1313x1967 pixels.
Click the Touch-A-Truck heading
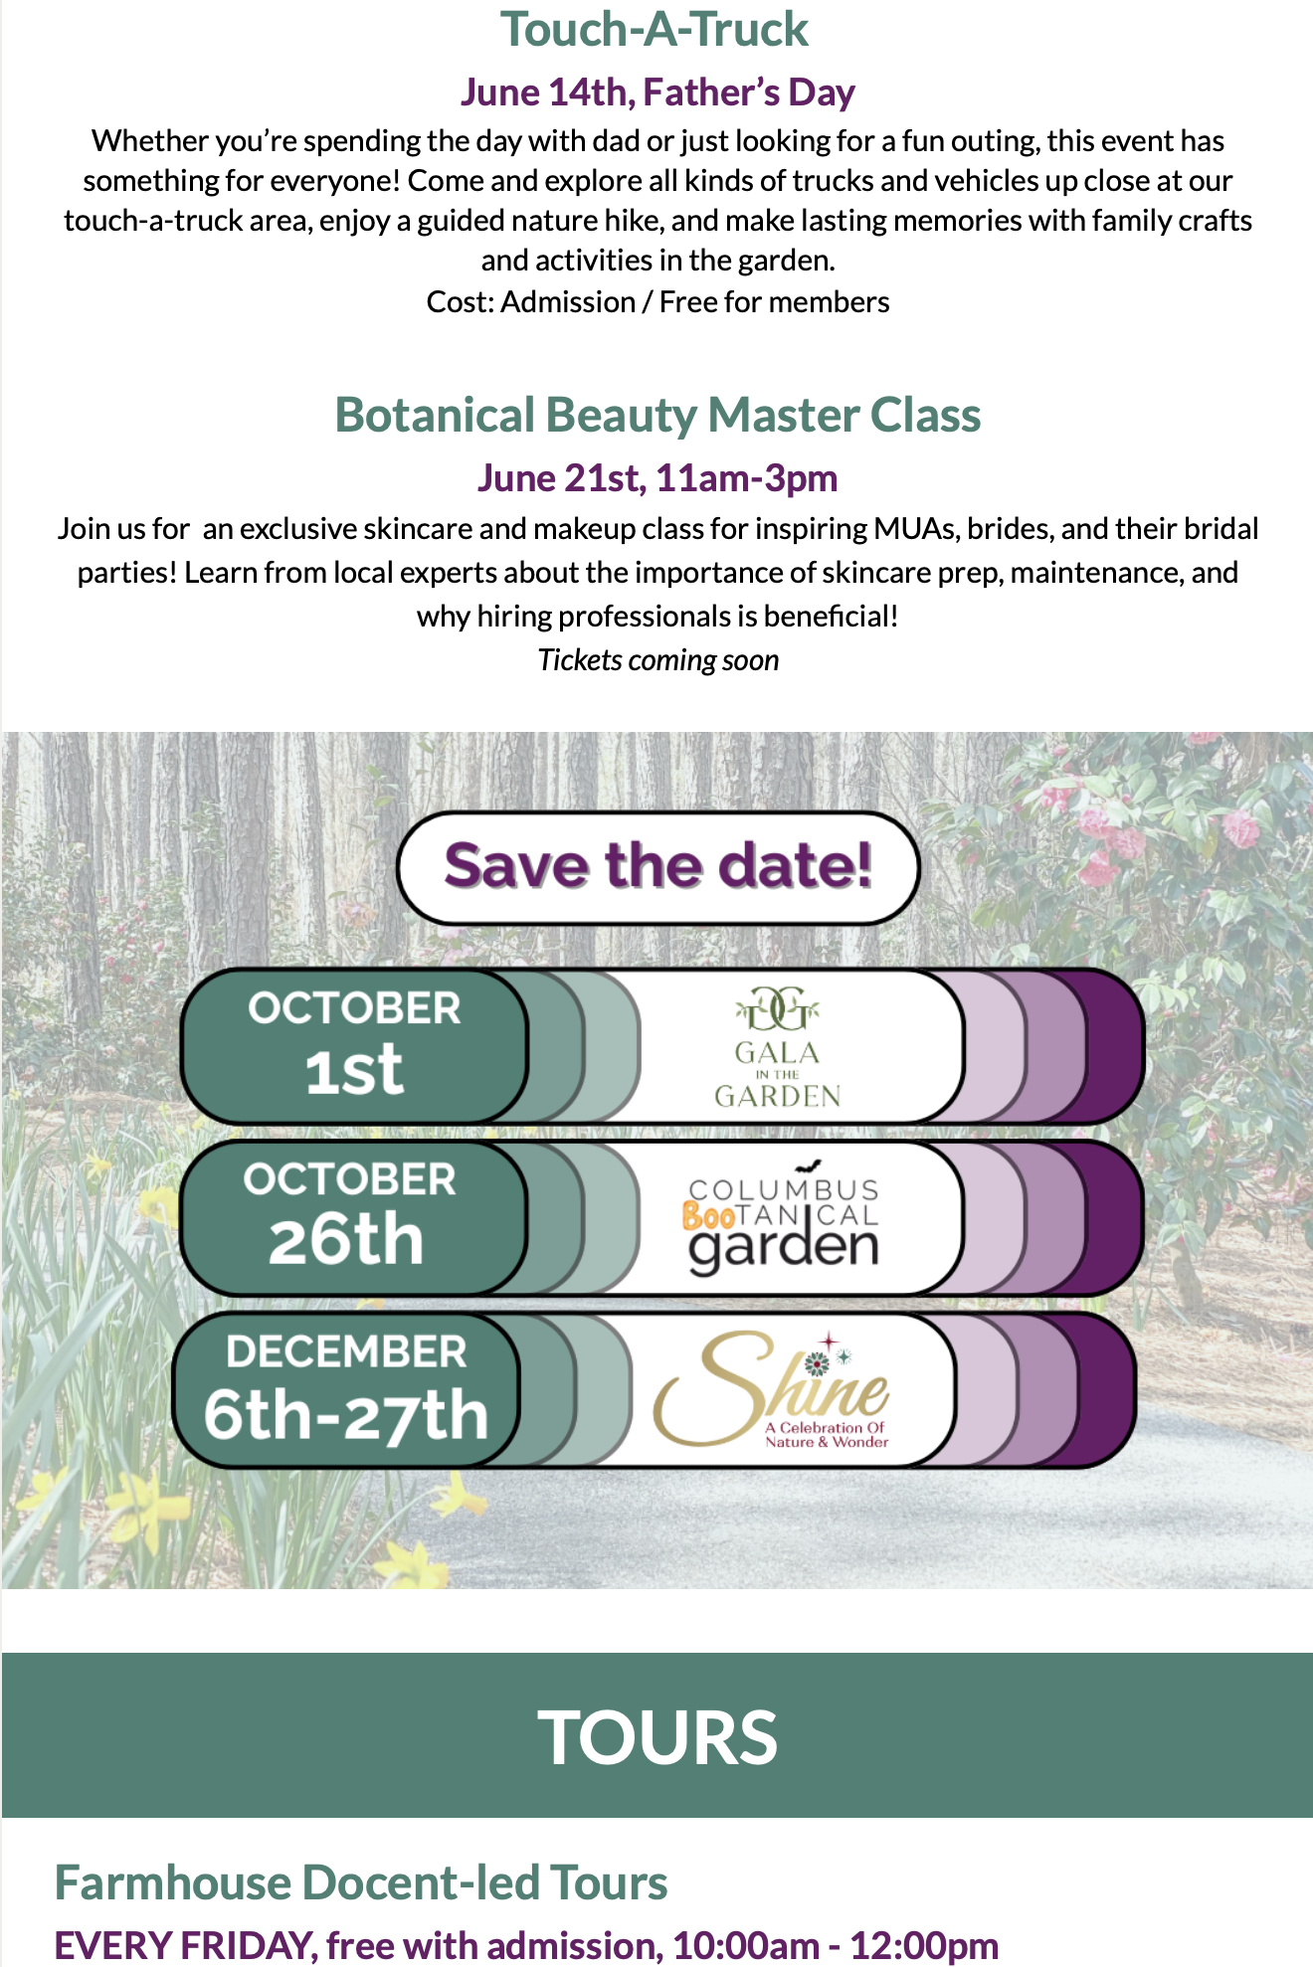pyautogui.click(x=655, y=29)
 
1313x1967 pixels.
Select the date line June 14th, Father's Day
pyautogui.click(x=657, y=92)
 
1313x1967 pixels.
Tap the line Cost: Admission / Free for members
pyautogui.click(x=657, y=301)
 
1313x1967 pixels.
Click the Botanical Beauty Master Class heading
pyautogui.click(x=657, y=415)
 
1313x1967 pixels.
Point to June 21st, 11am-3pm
pyautogui.click(x=657, y=478)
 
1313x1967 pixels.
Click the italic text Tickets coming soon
pyautogui.click(x=657, y=660)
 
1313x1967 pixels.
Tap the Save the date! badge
pyautogui.click(x=657, y=868)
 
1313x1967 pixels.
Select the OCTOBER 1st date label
pyautogui.click(x=354, y=1043)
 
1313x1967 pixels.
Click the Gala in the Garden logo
pyautogui.click(x=778, y=1047)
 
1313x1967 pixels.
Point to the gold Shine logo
pyautogui.click(x=772, y=1389)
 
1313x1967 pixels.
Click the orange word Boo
pyautogui.click(x=708, y=1216)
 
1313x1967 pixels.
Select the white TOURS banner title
pyautogui.click(x=657, y=1737)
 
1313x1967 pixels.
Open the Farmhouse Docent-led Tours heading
pyautogui.click(x=361, y=1882)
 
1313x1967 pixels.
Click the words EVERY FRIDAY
pyautogui.click(x=183, y=1945)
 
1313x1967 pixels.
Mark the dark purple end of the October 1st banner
pyautogui.click(x=1112, y=1046)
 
